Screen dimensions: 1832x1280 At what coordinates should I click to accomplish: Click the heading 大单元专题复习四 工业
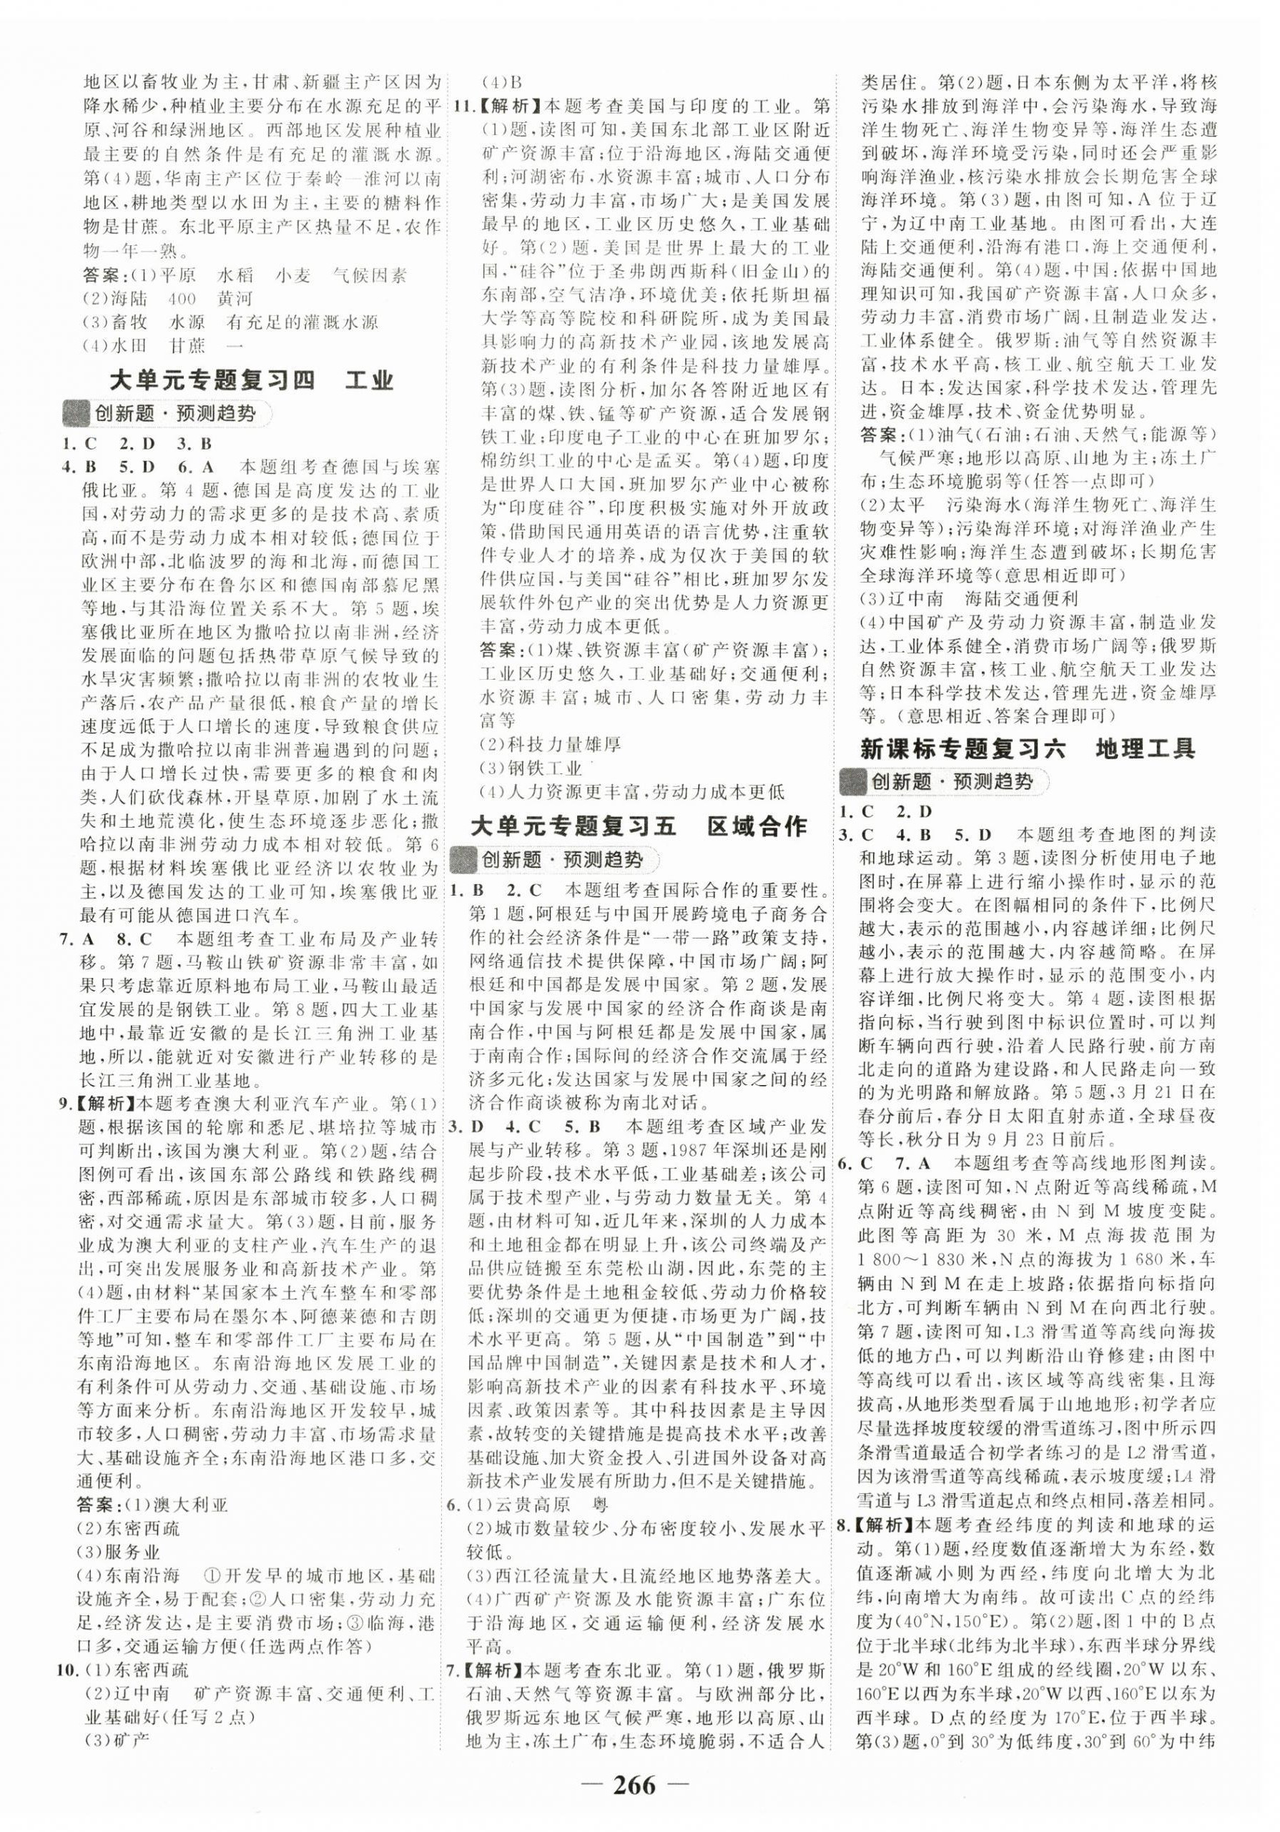pyautogui.click(x=252, y=380)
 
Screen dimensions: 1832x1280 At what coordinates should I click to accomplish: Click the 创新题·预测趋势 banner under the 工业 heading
pyautogui.click(x=167, y=414)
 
